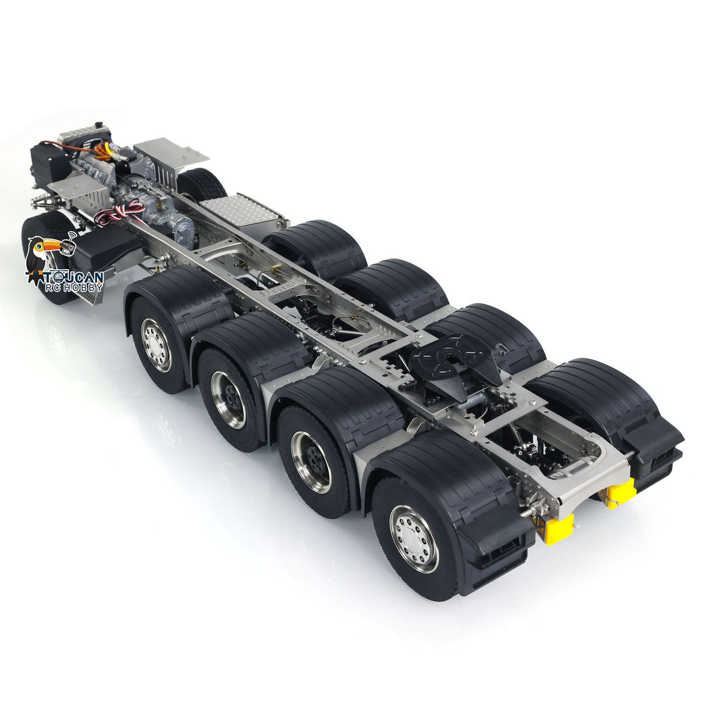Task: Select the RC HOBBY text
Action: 73,287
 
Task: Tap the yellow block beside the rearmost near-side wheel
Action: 559,530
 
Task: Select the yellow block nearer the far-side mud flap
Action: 620,493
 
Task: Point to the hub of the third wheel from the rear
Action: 228,400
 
